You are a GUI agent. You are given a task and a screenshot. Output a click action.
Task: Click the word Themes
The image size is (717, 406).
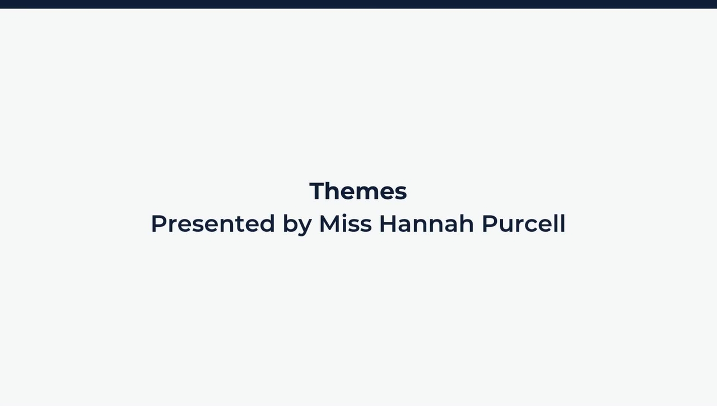(358, 191)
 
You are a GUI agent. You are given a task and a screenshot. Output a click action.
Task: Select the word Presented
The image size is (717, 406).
(213, 223)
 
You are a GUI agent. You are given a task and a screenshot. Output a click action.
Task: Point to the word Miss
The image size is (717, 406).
(345, 223)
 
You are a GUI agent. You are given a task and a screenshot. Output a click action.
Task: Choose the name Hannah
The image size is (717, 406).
(426, 223)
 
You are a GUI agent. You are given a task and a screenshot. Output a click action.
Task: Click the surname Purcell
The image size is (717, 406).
(523, 223)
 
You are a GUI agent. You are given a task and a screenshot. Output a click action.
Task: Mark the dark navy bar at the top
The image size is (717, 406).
(358, 4)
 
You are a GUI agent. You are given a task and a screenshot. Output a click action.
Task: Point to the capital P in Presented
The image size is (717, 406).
(158, 223)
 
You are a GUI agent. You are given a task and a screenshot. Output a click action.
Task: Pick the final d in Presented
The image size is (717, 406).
(267, 223)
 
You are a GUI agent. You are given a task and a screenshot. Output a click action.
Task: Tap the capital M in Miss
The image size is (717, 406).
(330, 223)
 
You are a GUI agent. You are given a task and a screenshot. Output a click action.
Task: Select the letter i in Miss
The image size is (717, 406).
(347, 223)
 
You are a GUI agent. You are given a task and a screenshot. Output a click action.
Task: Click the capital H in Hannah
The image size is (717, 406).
(388, 223)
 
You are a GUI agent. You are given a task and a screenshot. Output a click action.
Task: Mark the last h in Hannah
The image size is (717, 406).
(467, 223)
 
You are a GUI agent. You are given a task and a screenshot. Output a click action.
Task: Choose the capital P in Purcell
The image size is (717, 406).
(489, 223)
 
